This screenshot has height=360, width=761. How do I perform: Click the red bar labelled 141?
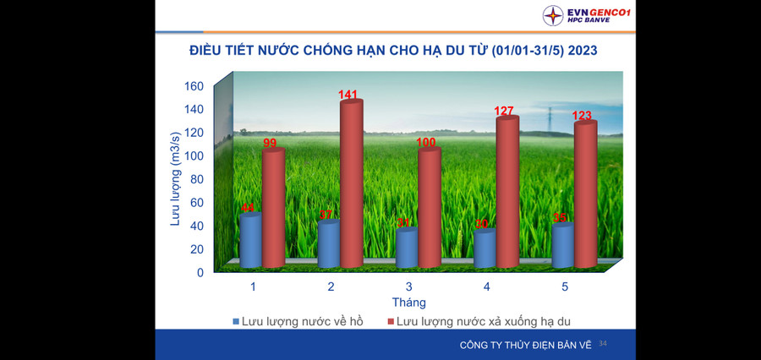tap(351, 182)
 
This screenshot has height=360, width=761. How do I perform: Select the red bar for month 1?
tap(273, 207)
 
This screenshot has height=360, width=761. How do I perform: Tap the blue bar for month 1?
tap(251, 241)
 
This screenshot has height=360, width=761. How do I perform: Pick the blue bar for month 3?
tap(407, 248)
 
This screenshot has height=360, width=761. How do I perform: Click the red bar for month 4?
tap(507, 190)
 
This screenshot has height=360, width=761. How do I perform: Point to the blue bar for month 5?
tap(563, 245)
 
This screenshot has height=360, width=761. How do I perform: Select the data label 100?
tap(428, 143)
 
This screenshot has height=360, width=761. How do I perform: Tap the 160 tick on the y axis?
tap(194, 86)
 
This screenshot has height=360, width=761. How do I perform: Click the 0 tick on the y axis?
tap(200, 272)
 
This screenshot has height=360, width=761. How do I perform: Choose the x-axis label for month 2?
tap(331, 287)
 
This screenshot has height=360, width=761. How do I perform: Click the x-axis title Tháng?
tap(408, 303)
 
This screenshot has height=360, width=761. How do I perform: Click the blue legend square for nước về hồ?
tap(236, 322)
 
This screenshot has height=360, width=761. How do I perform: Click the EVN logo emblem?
tap(553, 15)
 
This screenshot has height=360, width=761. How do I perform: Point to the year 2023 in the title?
tap(583, 51)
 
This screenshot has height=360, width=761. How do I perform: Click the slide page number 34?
tap(603, 344)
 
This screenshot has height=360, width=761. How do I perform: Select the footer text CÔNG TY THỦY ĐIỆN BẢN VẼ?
tap(524, 345)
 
